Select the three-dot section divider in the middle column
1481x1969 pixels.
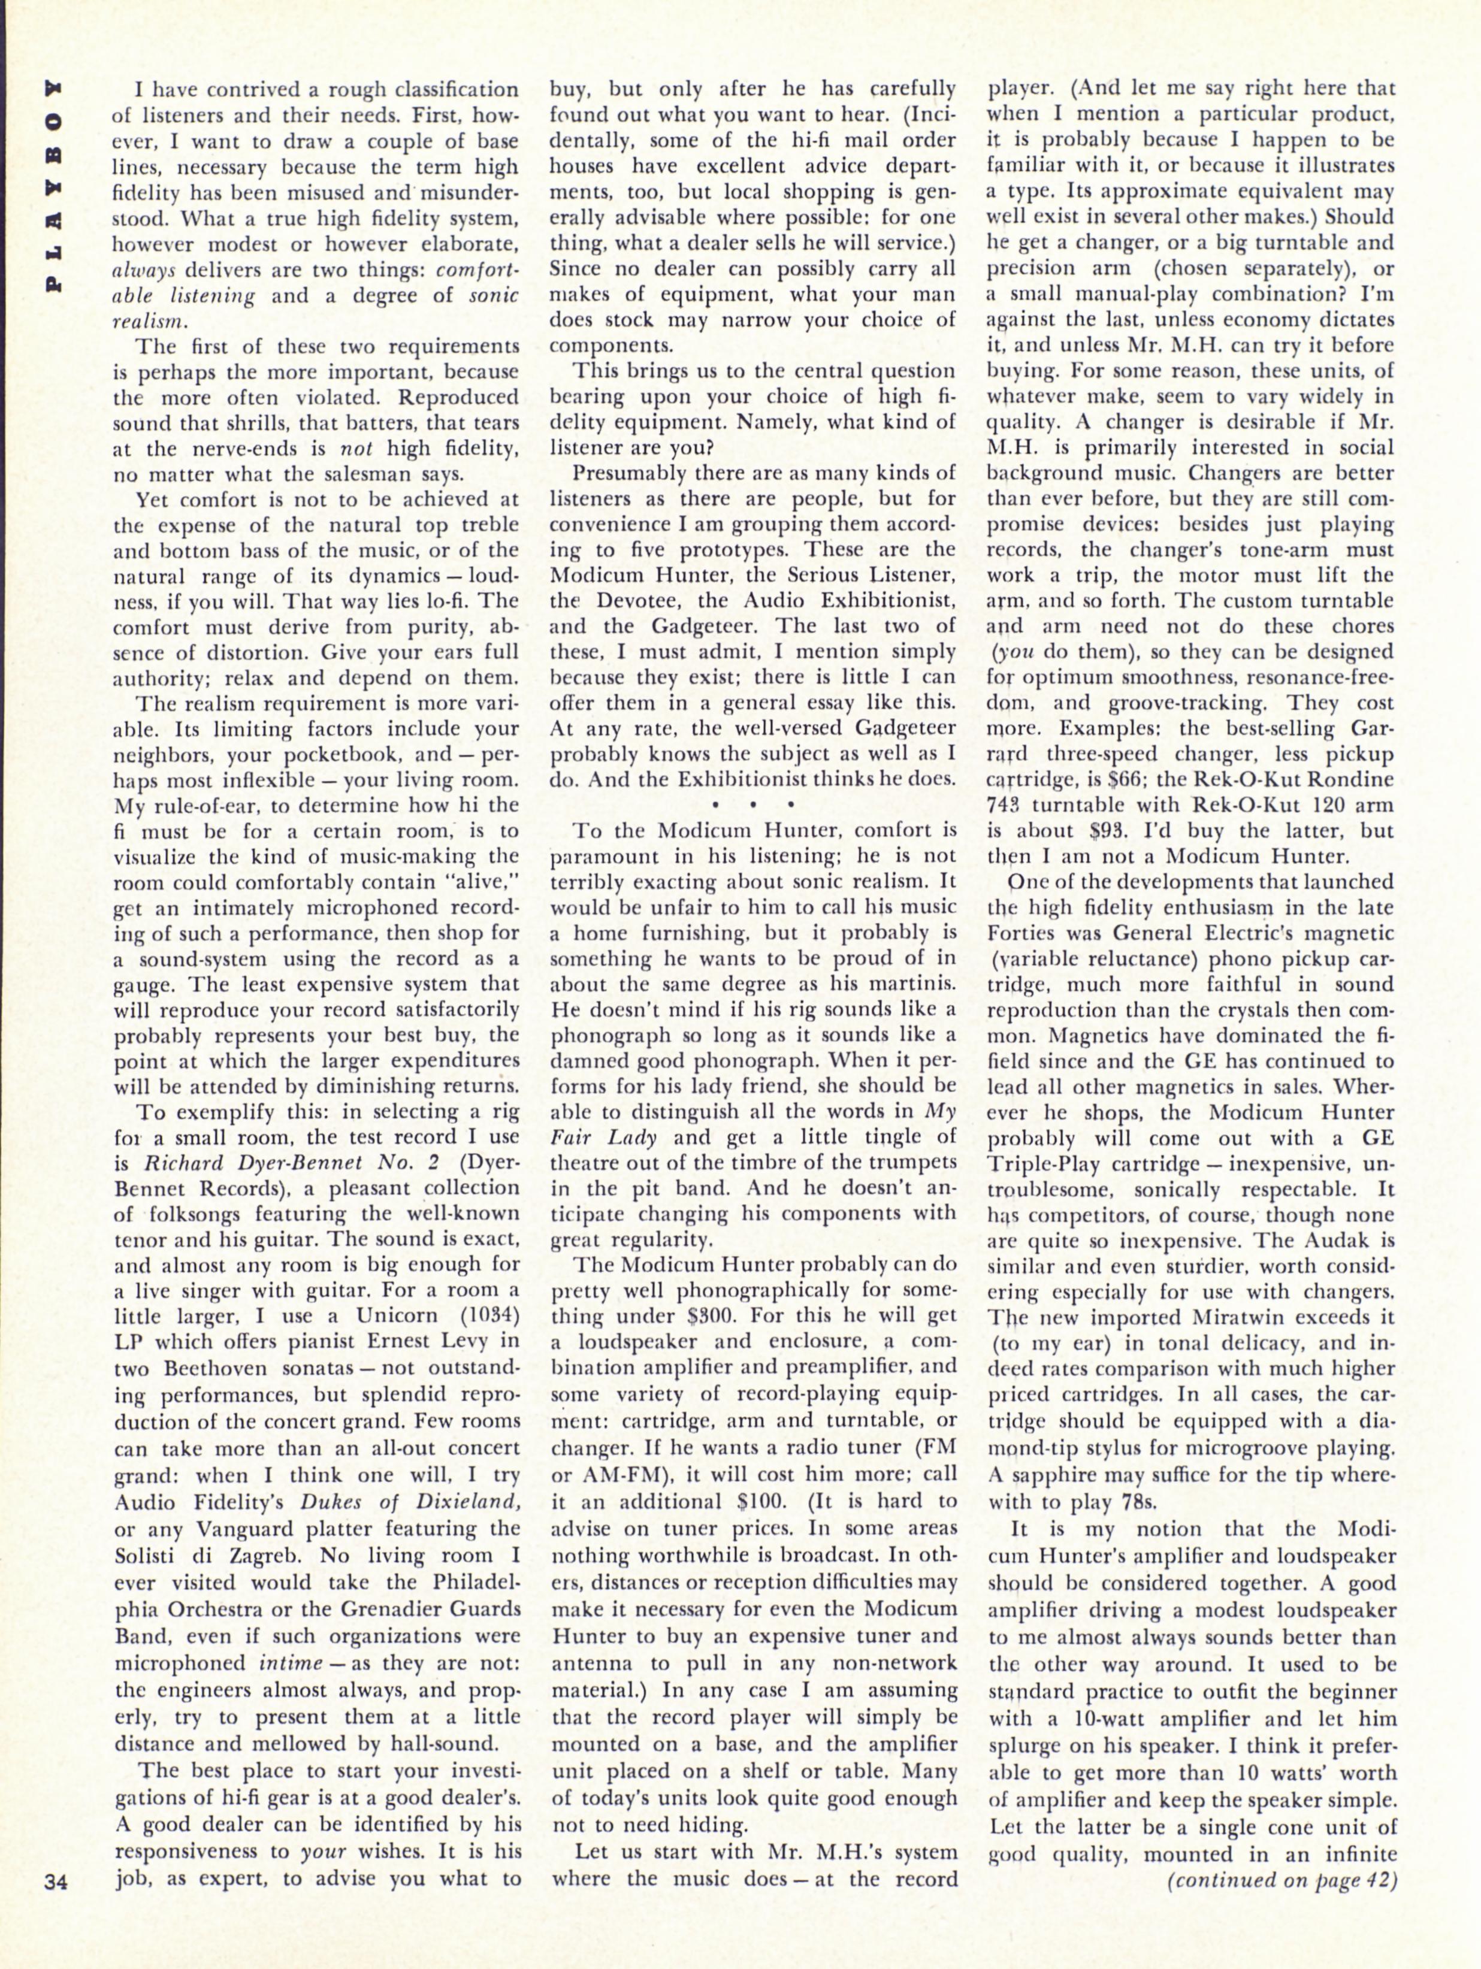[x=753, y=804]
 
